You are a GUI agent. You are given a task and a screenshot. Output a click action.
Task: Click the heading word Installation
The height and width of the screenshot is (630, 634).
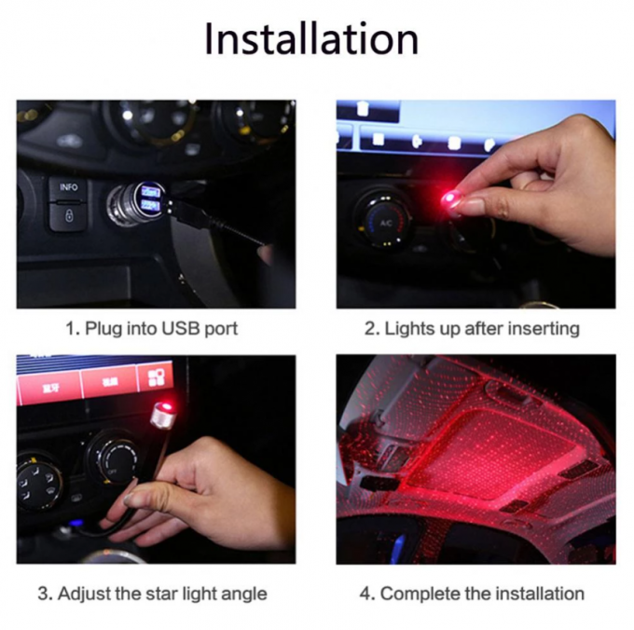[311, 39]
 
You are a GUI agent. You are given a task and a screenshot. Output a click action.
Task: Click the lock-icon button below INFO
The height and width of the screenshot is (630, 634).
[69, 215]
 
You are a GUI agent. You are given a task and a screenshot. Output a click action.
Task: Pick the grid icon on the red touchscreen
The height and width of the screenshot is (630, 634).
[154, 376]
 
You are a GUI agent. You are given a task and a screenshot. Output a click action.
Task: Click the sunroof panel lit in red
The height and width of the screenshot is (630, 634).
[485, 438]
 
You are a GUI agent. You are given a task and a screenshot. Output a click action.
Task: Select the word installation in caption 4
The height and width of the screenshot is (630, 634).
[541, 593]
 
